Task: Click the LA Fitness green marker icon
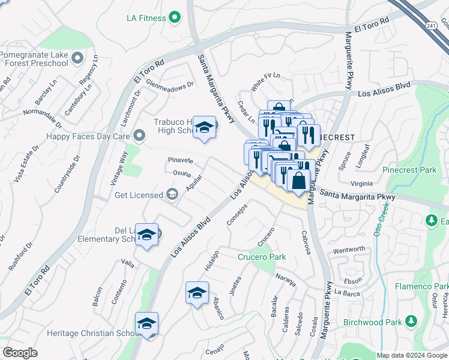tap(175, 18)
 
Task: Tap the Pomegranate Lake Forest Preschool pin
tap(76, 58)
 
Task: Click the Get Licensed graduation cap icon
tap(172, 194)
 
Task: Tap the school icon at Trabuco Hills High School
tap(205, 128)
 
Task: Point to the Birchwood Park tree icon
tap(411, 322)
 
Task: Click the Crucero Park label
tap(262, 257)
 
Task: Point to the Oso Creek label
tap(382, 219)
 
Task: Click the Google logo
tap(20, 353)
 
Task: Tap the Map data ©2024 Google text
tap(411, 355)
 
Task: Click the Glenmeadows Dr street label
tap(170, 85)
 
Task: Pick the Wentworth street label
tap(349, 249)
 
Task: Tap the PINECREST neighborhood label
tap(337, 137)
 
